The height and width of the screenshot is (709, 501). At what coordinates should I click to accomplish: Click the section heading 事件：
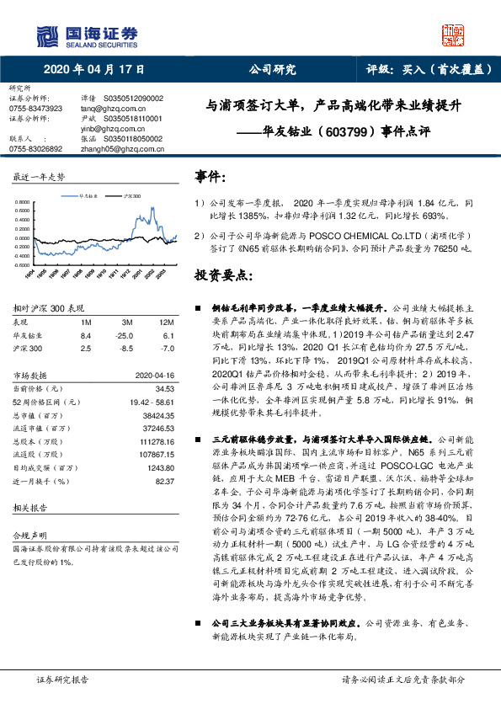tap(211, 177)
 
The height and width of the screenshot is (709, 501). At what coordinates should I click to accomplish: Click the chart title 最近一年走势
tap(38, 177)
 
